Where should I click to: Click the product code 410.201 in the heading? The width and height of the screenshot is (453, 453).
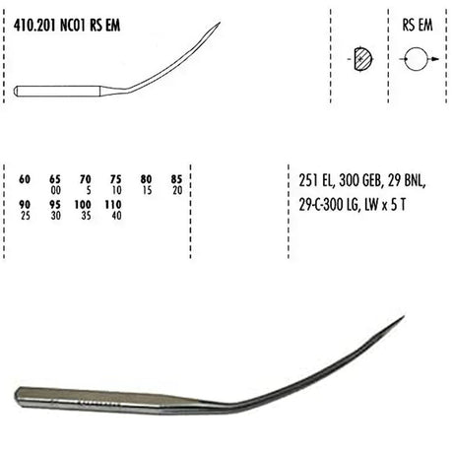pyautogui.click(x=35, y=26)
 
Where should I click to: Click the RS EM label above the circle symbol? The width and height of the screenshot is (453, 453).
pyautogui.click(x=418, y=25)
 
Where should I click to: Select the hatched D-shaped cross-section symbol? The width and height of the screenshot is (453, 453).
pyautogui.click(x=363, y=59)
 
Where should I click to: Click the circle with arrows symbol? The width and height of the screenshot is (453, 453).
pyautogui.click(x=417, y=59)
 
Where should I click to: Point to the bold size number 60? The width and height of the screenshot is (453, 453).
pyautogui.click(x=25, y=179)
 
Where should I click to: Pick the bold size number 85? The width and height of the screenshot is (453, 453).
pyautogui.click(x=176, y=179)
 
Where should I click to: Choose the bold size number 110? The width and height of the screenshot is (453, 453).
pyautogui.click(x=113, y=205)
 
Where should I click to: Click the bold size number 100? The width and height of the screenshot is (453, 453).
pyautogui.click(x=83, y=205)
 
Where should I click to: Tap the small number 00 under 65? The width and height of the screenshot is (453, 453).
pyautogui.click(x=56, y=190)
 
